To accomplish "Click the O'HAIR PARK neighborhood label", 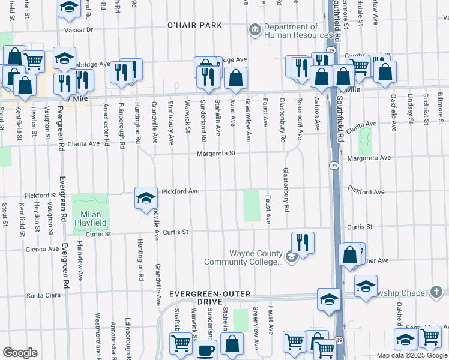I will pyautogui.click(x=194, y=25).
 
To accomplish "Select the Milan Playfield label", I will pyautogui.click(x=90, y=218).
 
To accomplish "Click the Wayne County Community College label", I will pyautogui.click(x=243, y=257).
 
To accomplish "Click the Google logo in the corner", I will pyautogui.click(x=20, y=353).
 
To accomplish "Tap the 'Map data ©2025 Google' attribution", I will pyautogui.click(x=411, y=355).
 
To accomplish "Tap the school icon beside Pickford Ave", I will pyautogui.click(x=145, y=198).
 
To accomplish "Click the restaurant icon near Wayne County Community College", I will pyautogui.click(x=303, y=243).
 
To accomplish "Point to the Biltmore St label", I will pyautogui.click(x=439, y=104).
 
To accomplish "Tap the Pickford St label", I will pyautogui.click(x=41, y=196).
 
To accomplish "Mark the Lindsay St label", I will pyautogui.click(x=411, y=106).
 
